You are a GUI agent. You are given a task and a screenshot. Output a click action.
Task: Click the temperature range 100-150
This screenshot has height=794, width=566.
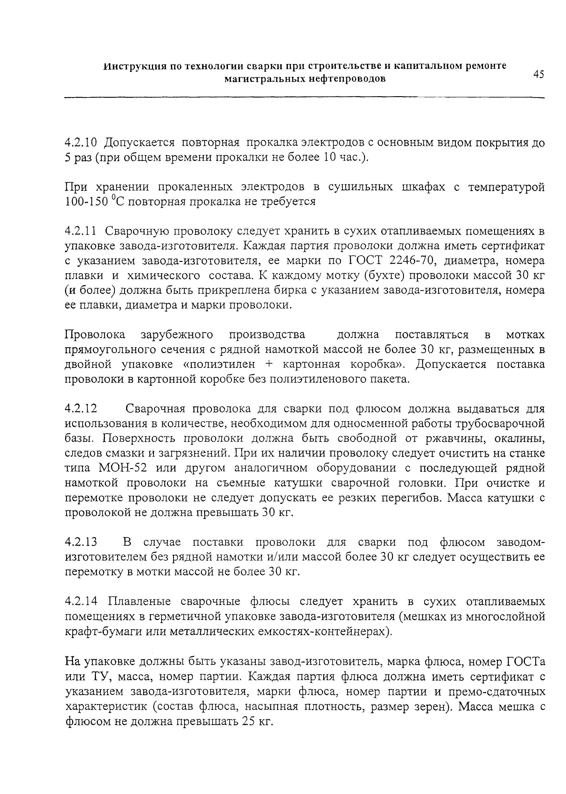86,203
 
